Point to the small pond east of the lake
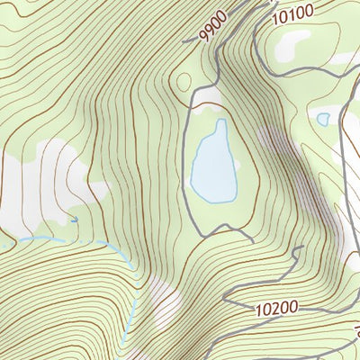(x=322, y=119)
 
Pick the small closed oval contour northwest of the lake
(x=184, y=82)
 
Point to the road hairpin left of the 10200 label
(x=226, y=301)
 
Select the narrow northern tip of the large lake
(x=220, y=124)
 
